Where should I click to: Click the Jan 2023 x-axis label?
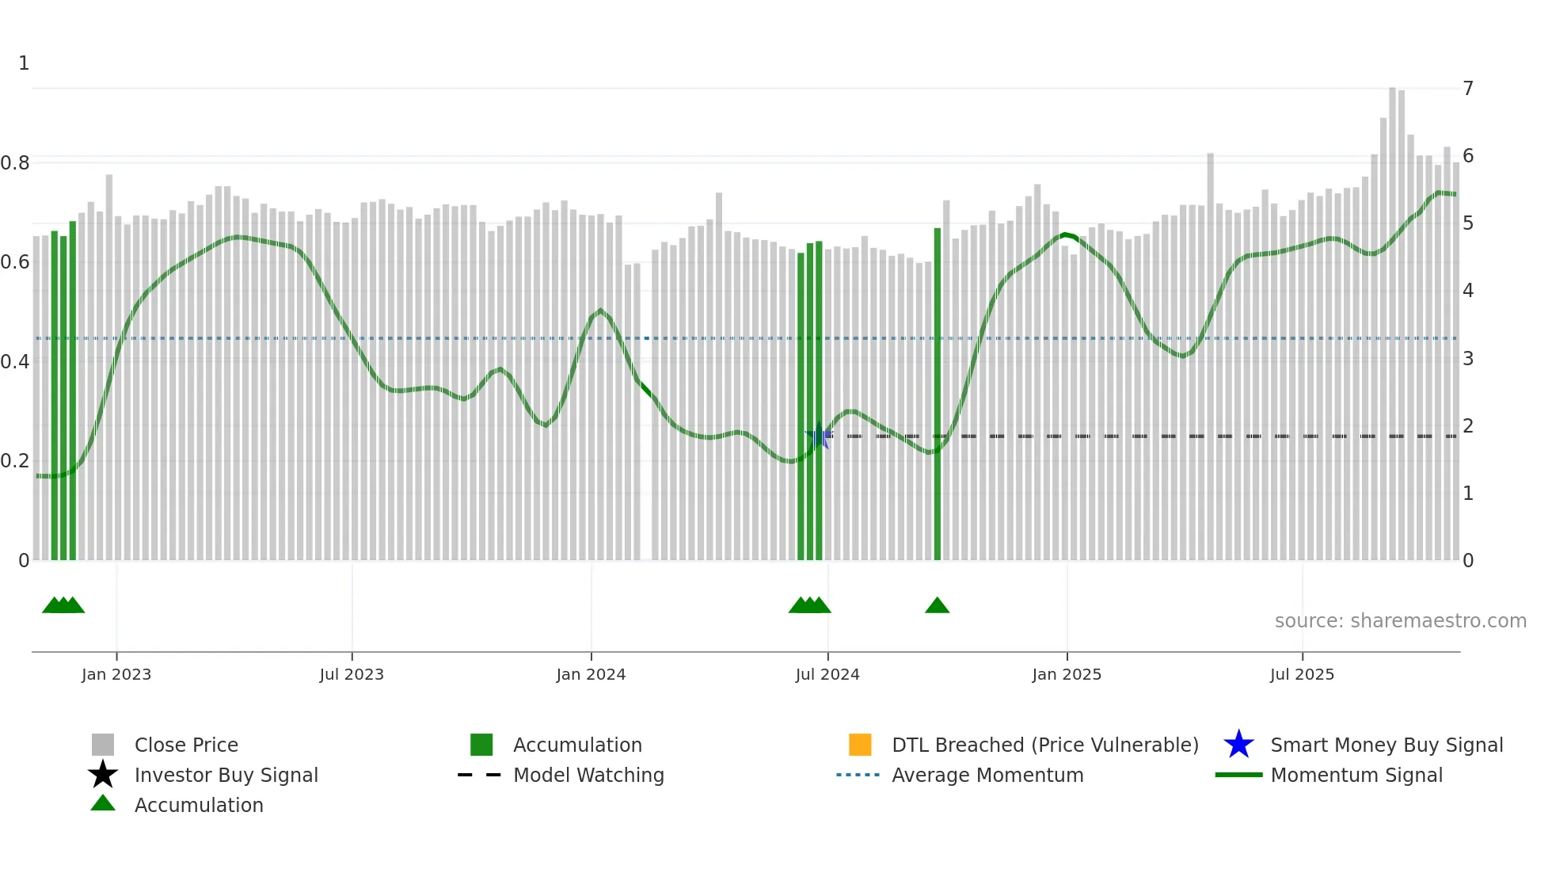click(116, 674)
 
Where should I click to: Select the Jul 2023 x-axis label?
click(352, 674)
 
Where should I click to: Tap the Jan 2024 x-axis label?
click(591, 674)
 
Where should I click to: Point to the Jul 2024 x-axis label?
click(827, 674)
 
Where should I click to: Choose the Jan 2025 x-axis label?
click(1067, 674)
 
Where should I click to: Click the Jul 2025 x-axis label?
click(1302, 674)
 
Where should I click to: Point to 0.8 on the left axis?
click(15, 163)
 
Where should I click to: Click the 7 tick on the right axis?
click(1468, 88)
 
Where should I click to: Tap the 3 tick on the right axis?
click(1468, 359)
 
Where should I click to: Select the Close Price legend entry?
click(186, 745)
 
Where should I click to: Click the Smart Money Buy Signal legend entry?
click(1387, 745)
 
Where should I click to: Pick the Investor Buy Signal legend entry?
click(226, 775)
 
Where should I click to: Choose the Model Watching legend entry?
click(588, 775)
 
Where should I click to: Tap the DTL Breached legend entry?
click(1044, 745)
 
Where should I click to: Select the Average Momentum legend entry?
click(987, 775)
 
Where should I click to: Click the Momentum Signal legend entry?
click(1356, 775)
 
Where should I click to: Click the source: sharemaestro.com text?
click(1400, 621)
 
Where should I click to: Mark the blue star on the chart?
click(819, 436)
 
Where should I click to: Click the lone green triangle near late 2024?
click(937, 606)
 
